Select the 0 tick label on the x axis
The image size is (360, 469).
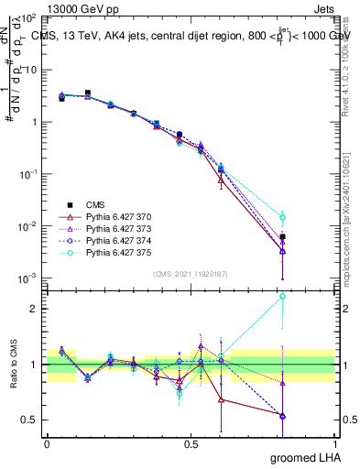(47, 443)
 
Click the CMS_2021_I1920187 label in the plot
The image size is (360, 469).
(191, 274)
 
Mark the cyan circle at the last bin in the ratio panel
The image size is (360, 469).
(282, 296)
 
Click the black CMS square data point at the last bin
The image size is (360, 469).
(282, 236)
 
